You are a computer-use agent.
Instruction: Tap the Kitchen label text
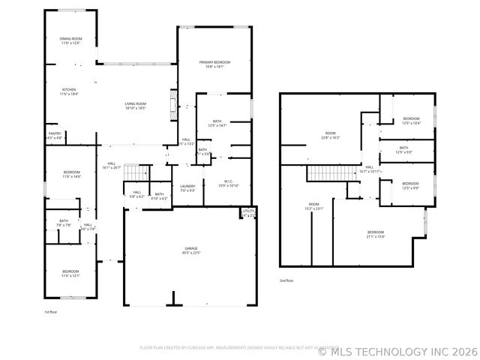click(x=69, y=91)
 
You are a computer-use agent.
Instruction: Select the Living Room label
click(x=135, y=106)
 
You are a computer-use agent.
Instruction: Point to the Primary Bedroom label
click(x=214, y=64)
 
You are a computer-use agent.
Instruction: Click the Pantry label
click(x=55, y=136)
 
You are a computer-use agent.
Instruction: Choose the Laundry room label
click(x=187, y=188)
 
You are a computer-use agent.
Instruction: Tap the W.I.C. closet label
click(x=229, y=183)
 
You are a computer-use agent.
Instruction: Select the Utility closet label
click(x=248, y=213)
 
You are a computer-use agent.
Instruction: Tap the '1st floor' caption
click(x=51, y=310)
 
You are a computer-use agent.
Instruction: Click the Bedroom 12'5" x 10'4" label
click(x=411, y=121)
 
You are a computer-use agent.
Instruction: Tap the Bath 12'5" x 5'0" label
click(x=403, y=150)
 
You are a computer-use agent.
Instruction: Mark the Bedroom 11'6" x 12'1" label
click(x=70, y=273)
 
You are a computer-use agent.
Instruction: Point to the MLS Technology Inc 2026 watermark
click(x=397, y=350)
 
